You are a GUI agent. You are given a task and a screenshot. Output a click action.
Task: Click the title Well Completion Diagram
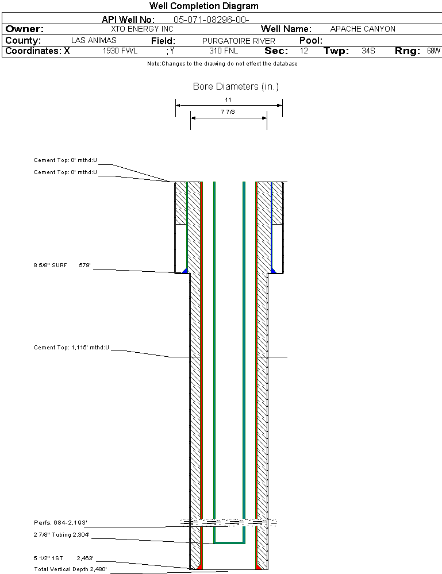click(x=203, y=6)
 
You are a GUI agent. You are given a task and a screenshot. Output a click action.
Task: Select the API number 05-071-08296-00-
click(x=211, y=20)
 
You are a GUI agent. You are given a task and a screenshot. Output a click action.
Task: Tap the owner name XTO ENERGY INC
click(x=141, y=29)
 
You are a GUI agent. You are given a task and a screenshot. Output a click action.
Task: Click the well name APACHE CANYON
click(x=363, y=29)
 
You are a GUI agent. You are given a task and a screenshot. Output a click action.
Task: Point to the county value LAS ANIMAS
click(x=94, y=41)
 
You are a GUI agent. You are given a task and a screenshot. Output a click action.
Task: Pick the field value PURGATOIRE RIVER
click(x=239, y=41)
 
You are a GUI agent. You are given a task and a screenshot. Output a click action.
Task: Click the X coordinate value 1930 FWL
click(x=120, y=51)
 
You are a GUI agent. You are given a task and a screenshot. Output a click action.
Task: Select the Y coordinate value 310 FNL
click(x=224, y=51)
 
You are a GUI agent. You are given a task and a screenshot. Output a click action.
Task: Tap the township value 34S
click(x=368, y=51)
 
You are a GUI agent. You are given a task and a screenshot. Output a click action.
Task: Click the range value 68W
click(x=433, y=51)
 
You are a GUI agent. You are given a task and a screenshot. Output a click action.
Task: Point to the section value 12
click(x=304, y=51)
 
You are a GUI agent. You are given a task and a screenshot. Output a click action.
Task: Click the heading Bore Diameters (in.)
click(x=236, y=87)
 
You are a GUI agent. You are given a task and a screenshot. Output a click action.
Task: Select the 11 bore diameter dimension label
click(x=228, y=100)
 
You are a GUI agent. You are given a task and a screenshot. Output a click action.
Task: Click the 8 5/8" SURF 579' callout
click(x=62, y=265)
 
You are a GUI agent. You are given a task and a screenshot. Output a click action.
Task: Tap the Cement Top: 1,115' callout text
click(x=71, y=348)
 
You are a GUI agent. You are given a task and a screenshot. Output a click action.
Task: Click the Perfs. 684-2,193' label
click(x=60, y=523)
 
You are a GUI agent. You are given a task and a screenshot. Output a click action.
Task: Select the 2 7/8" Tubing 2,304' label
click(x=62, y=535)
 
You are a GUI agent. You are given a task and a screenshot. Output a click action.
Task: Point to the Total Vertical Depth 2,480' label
click(x=70, y=569)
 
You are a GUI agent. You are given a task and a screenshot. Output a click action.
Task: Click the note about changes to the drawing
click(x=222, y=64)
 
